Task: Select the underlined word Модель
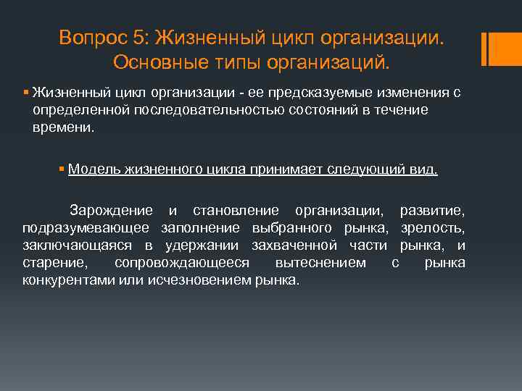click(x=93, y=169)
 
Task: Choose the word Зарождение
click(x=111, y=211)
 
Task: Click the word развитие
click(x=432, y=211)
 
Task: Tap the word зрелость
click(x=432, y=228)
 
